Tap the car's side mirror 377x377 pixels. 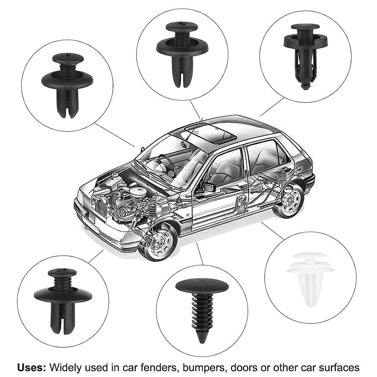[208, 187]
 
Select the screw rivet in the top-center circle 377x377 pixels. [182, 53]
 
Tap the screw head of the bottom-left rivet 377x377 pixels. [62, 272]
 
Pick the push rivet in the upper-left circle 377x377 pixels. [67, 84]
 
